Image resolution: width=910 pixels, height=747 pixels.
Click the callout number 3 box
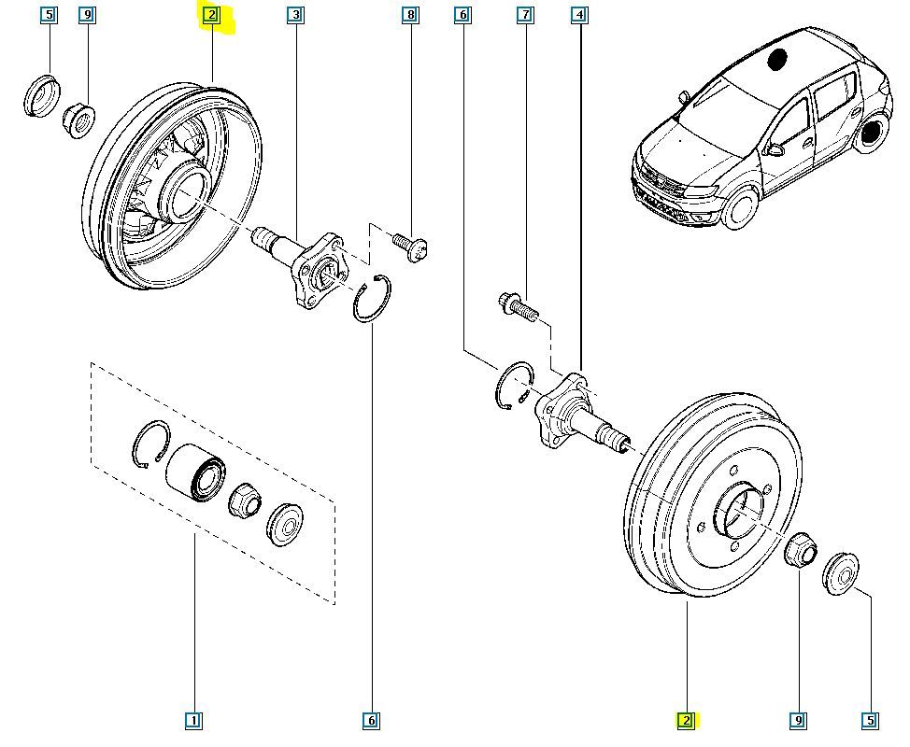(295, 15)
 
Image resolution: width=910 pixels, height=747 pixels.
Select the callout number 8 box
(409, 15)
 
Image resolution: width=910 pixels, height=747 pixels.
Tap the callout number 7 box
(526, 15)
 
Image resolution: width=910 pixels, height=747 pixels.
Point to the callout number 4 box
(580, 15)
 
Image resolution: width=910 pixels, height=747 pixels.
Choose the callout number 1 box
(193, 720)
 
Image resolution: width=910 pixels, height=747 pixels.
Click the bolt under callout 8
(410, 246)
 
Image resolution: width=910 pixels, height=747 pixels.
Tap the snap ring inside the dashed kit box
(149, 442)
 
